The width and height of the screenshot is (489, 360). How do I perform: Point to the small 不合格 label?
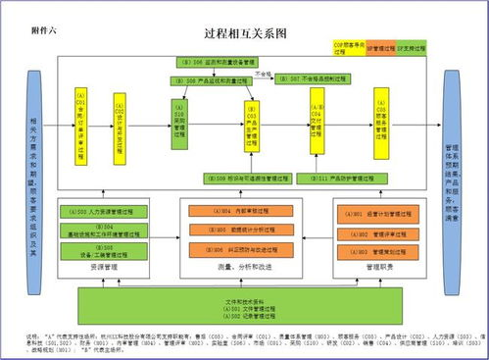coord(263,73)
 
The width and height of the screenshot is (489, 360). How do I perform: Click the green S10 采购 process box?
coord(179,126)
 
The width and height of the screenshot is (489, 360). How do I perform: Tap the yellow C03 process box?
coord(251,125)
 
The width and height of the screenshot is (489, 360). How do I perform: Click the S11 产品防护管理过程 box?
coord(339,179)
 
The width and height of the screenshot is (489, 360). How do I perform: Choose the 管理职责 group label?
coord(368,266)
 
